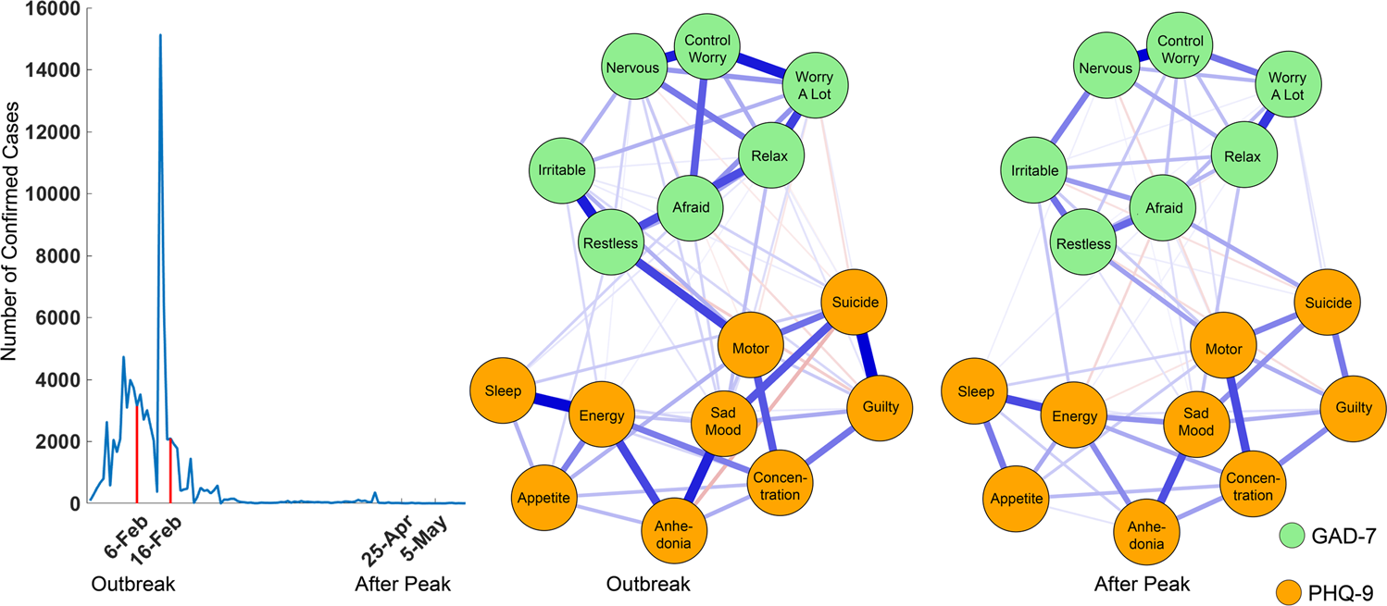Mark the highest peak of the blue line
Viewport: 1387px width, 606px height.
(x=160, y=36)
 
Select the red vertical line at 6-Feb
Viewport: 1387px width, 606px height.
(x=137, y=453)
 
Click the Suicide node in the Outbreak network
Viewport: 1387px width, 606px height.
(x=855, y=303)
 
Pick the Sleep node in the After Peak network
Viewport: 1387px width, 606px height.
(x=976, y=391)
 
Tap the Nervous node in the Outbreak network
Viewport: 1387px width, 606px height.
(x=631, y=68)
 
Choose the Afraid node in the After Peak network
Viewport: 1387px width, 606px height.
(x=1164, y=208)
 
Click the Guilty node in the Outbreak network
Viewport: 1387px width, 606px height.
(x=880, y=408)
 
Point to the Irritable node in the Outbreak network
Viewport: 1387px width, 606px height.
(x=561, y=170)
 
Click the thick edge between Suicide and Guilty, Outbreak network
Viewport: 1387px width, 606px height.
(x=868, y=355)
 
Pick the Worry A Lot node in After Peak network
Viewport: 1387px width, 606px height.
(x=1287, y=85)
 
